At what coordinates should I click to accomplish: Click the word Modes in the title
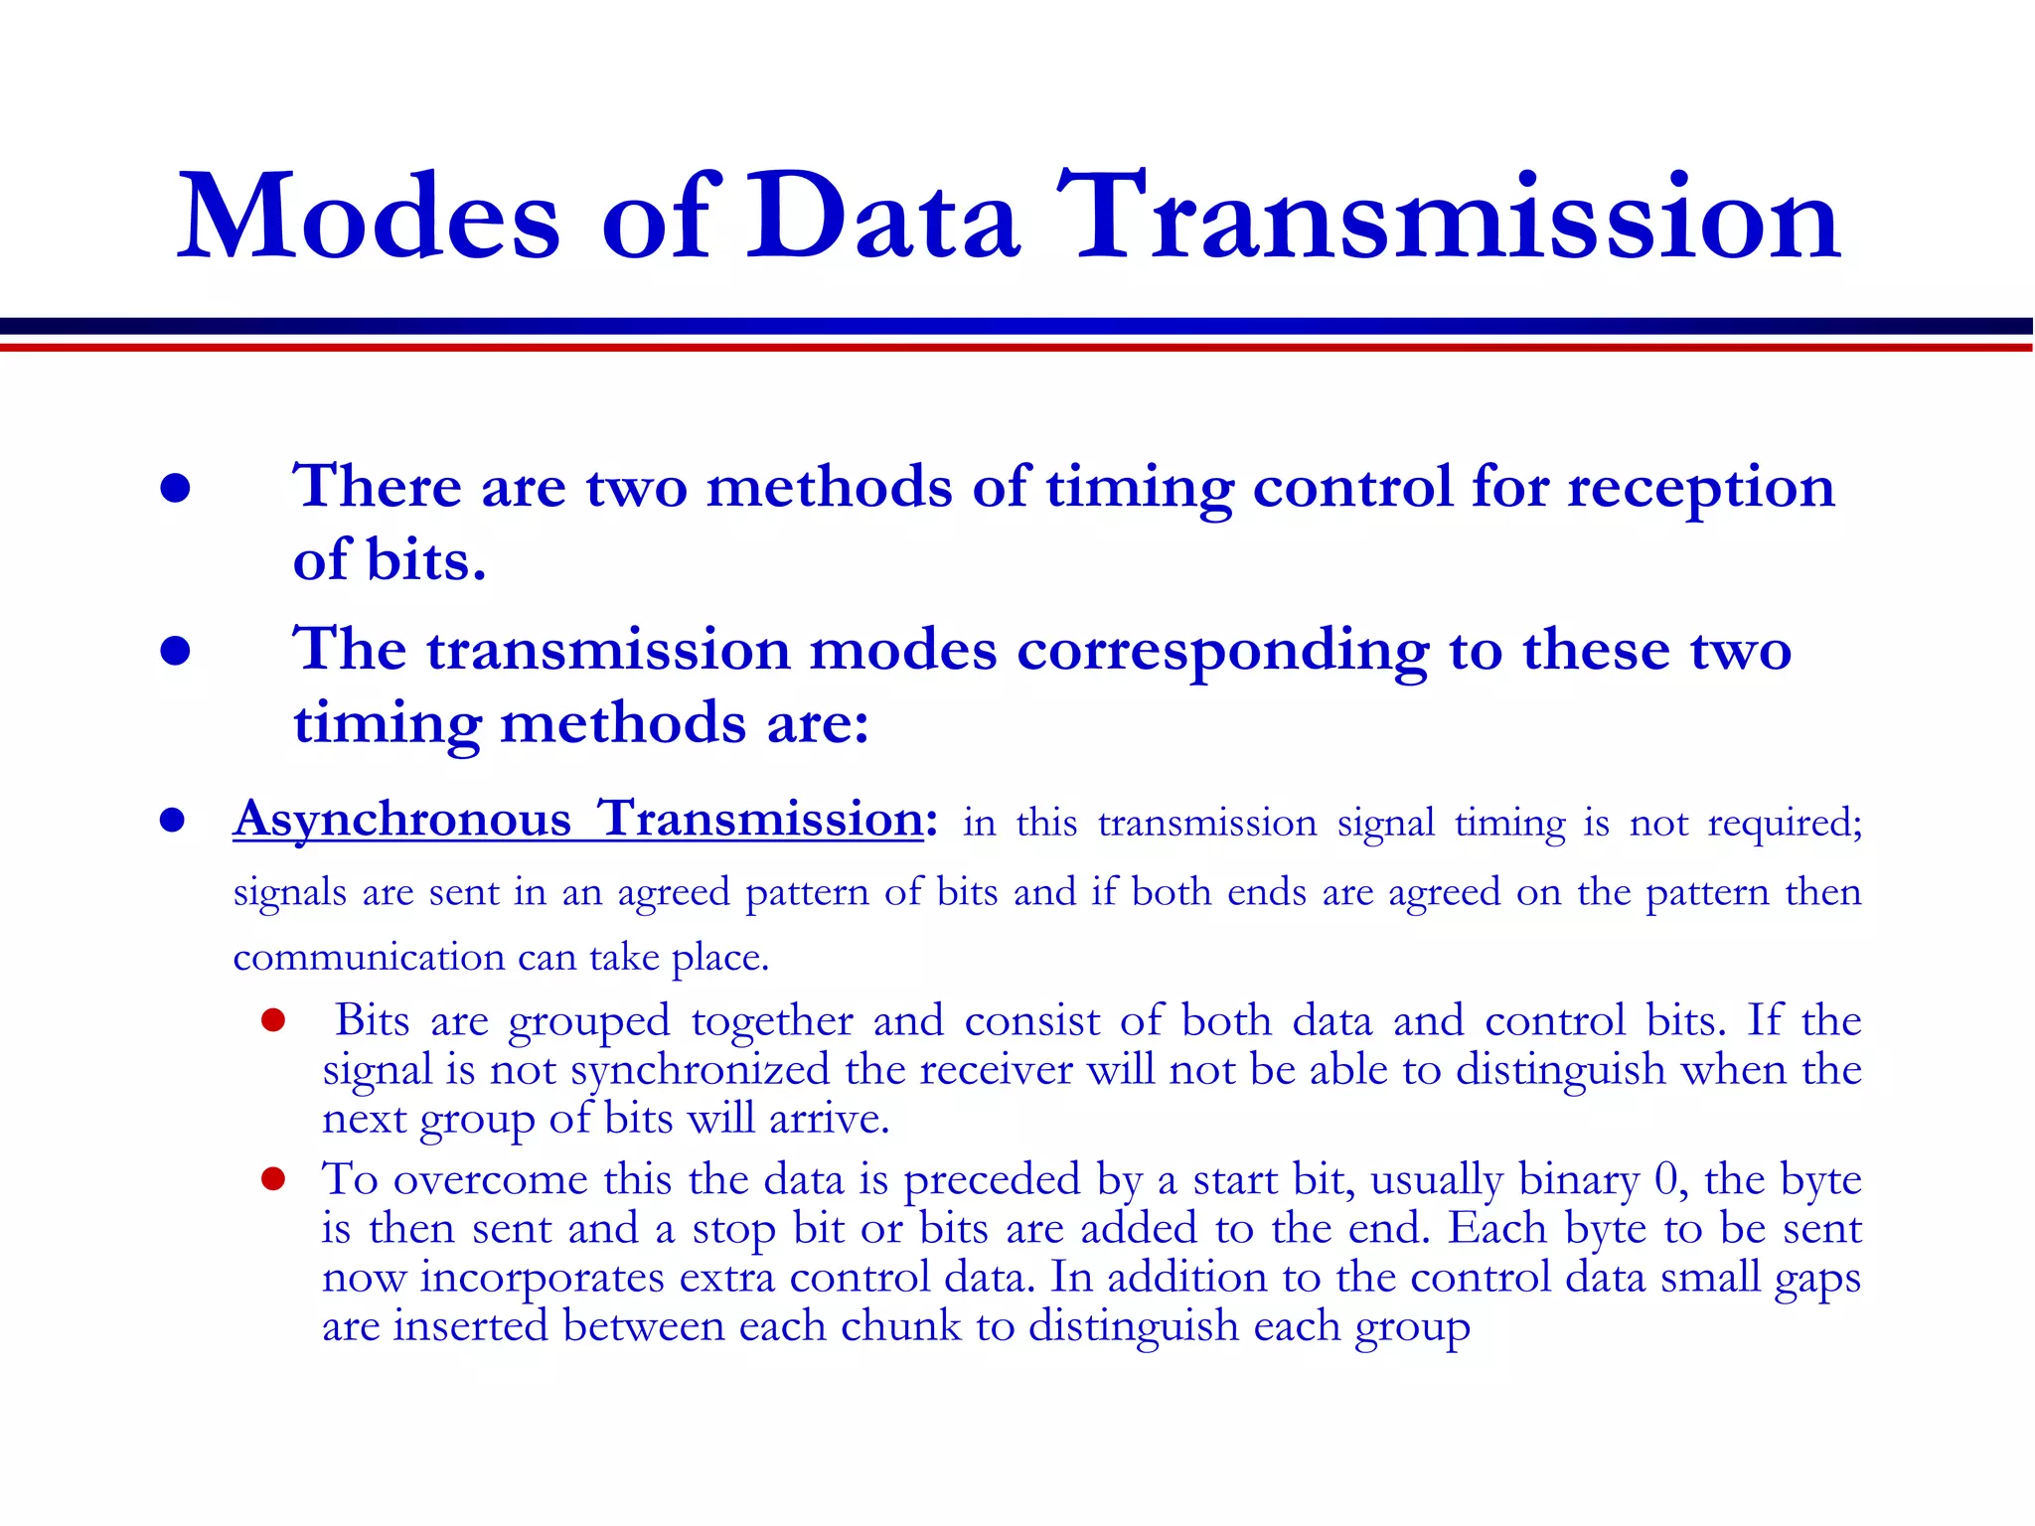coord(369,218)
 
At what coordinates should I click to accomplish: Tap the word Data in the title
coord(883,218)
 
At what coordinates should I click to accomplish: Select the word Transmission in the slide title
coord(1447,218)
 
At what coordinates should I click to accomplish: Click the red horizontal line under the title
coord(1017,348)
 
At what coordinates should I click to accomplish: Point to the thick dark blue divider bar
coord(1017,326)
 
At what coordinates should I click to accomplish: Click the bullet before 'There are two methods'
coord(175,488)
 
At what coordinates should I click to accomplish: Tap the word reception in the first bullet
coord(1700,489)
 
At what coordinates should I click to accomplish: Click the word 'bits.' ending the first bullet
coord(426,560)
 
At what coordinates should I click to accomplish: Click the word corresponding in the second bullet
coord(1222,652)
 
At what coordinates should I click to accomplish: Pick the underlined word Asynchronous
coord(402,821)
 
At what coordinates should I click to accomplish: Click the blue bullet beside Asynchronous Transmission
coord(173,821)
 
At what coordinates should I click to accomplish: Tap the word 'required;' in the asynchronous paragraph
coord(1785,824)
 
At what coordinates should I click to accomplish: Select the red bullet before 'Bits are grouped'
coord(273,1020)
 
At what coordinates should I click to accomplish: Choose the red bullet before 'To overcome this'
coord(273,1179)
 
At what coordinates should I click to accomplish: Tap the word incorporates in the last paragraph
coord(542,1278)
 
